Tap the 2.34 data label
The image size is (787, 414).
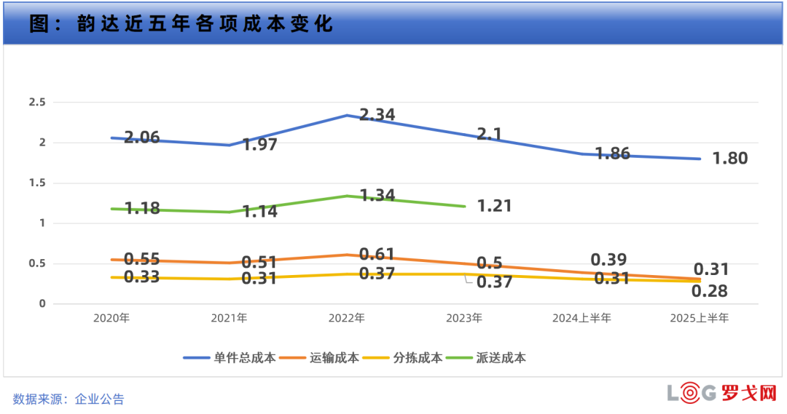(377, 115)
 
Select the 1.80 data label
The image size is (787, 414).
(729, 159)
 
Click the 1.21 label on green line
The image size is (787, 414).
(493, 206)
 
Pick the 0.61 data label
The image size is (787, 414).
(377, 254)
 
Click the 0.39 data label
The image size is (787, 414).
(609, 260)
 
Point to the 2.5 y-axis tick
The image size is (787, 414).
(37, 103)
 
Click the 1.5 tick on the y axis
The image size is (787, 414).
(37, 183)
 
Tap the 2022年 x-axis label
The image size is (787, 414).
(348, 318)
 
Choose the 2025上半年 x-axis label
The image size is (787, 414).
(699, 318)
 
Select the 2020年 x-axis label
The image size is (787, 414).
(111, 318)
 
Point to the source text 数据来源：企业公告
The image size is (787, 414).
(68, 399)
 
